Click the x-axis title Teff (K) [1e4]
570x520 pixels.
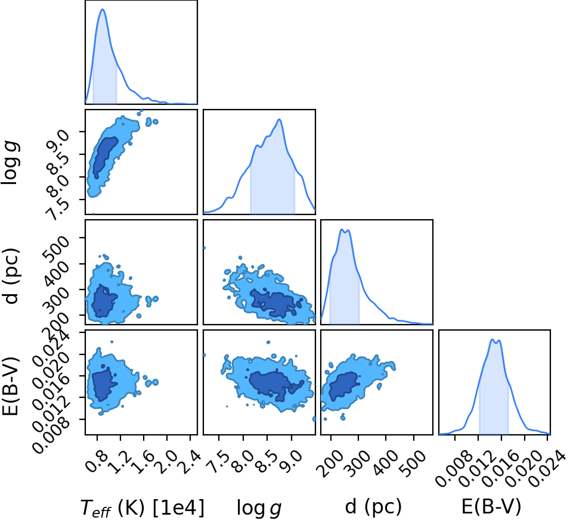coord(142,507)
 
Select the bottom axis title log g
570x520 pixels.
coord(259,507)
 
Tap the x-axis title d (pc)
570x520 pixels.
coord(373,506)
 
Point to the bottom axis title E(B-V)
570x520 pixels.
coord(491,506)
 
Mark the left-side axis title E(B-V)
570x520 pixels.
coord(10,385)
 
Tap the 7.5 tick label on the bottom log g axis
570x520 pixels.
coord(217,462)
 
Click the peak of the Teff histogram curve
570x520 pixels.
coord(103,9)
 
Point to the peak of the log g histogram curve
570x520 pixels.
coord(279,119)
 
